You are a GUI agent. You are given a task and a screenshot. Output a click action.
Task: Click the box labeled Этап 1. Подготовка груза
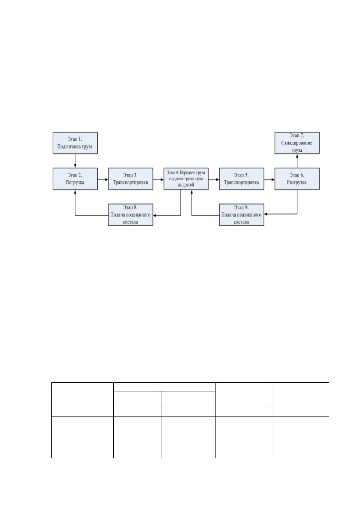[75, 143]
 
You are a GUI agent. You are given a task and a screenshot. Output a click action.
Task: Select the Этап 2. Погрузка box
[75, 179]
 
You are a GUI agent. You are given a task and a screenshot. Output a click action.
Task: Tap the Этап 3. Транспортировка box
[131, 179]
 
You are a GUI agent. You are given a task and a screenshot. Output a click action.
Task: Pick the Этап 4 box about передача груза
[186, 179]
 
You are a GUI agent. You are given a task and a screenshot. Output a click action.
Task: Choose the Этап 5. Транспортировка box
[242, 179]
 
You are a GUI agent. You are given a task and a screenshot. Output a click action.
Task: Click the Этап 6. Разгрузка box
[297, 179]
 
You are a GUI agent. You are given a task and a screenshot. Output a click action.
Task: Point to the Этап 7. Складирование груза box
[297, 143]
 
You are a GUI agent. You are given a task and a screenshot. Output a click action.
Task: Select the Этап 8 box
[131, 215]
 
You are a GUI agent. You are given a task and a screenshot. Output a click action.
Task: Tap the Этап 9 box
[242, 215]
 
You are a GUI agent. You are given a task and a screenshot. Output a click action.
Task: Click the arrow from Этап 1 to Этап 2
[75, 161]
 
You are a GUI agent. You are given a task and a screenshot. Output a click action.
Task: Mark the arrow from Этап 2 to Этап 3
[103, 180]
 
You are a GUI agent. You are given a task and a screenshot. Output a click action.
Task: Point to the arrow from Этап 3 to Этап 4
[158, 180]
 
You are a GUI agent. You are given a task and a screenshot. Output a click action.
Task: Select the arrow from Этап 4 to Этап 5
[214, 180]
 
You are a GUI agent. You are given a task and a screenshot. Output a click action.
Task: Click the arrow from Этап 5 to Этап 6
[269, 180]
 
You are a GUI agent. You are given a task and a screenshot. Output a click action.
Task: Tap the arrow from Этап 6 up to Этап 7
[297, 161]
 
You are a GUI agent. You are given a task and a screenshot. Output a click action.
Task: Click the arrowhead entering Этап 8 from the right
[154, 216]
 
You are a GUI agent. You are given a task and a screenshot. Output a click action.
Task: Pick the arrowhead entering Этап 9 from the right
[266, 214]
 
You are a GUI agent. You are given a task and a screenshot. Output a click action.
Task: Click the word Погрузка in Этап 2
[75, 183]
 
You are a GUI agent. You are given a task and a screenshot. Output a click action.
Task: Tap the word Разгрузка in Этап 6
[297, 183]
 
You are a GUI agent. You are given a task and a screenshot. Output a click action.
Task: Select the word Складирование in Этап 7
[297, 143]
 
